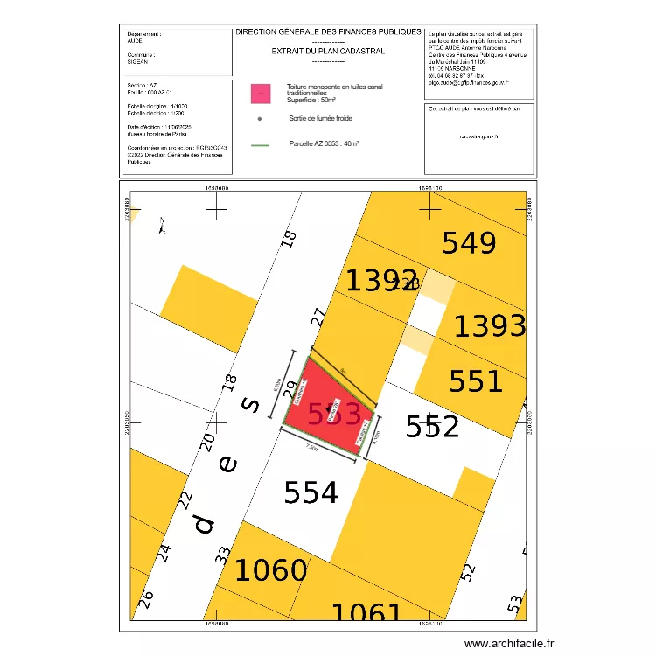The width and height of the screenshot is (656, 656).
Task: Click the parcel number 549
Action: (469, 243)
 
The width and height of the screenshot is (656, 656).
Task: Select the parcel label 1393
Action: (490, 326)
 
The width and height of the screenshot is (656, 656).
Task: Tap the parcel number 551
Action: (476, 381)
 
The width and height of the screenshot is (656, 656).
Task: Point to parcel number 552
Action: (432, 427)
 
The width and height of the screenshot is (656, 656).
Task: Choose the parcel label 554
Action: (311, 493)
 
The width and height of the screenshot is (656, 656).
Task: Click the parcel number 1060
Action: (270, 571)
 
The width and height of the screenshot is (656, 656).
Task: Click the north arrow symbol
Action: (162, 226)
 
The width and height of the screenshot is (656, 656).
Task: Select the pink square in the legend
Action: (259, 92)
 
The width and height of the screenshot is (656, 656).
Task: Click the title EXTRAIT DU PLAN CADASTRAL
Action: (328, 51)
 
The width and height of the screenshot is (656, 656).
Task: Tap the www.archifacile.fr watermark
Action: (510, 644)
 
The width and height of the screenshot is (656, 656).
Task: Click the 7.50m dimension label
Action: (312, 448)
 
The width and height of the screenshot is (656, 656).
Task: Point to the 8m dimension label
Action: (343, 370)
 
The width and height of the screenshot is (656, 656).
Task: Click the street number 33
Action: (222, 555)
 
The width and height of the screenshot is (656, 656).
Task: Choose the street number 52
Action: (469, 573)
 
